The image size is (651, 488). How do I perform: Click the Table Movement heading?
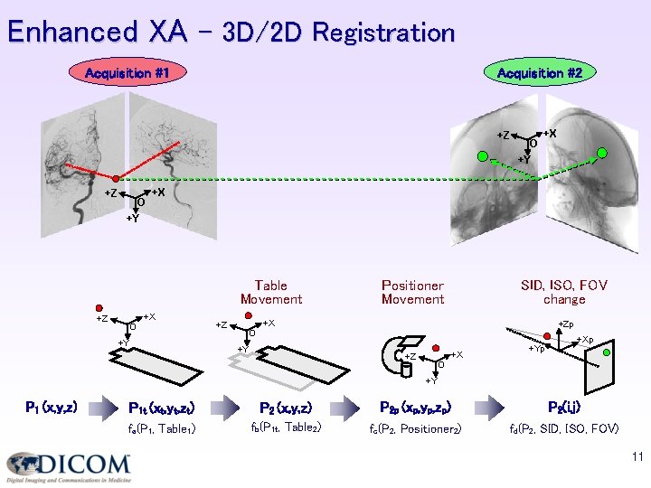(270, 292)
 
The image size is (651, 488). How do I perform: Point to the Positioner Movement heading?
(412, 292)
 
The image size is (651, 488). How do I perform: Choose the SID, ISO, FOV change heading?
(564, 292)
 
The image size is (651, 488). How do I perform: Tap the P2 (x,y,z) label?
(286, 408)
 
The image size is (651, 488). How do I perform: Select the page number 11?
(637, 458)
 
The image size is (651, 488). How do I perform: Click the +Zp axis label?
(565, 324)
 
